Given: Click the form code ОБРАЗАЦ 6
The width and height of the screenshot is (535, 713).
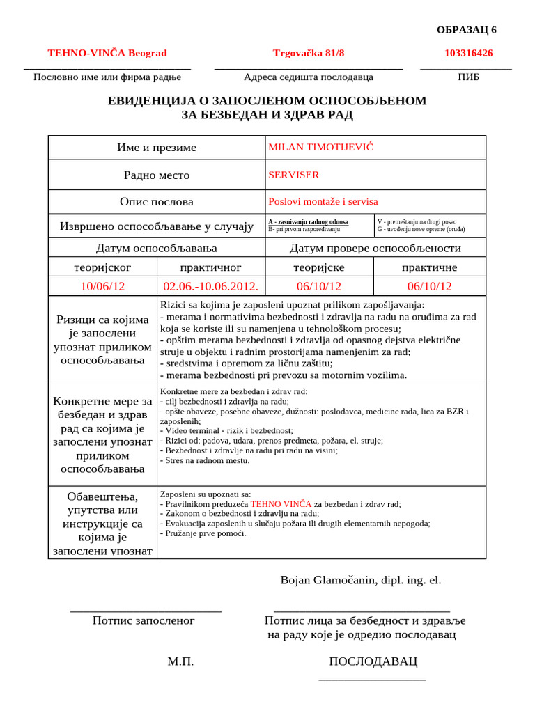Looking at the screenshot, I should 466,30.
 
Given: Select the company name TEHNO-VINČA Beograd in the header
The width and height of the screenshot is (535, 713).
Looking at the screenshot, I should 107,53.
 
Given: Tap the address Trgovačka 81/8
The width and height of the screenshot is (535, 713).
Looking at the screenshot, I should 309,53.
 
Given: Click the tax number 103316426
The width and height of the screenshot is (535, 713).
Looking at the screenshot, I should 468,53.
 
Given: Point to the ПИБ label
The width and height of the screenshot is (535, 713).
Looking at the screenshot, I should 468,77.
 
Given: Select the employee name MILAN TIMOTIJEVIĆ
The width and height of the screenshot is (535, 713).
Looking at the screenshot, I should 321,147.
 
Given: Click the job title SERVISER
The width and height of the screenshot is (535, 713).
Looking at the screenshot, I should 294,175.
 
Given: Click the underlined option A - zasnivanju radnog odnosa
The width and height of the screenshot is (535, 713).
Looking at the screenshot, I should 308,221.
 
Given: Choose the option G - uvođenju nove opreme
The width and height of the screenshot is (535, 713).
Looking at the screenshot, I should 421,229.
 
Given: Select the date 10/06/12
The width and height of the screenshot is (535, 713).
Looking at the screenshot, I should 102,286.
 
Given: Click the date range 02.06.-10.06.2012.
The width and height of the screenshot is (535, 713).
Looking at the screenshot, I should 211,286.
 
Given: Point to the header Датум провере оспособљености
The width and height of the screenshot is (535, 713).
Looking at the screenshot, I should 375,249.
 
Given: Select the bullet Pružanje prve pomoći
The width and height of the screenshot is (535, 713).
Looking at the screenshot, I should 203,533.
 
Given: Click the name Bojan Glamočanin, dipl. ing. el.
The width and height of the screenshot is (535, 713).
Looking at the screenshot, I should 360,580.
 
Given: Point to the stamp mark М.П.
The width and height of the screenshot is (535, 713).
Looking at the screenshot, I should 180,661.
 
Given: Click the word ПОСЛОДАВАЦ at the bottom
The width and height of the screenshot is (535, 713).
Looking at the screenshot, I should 373,661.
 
